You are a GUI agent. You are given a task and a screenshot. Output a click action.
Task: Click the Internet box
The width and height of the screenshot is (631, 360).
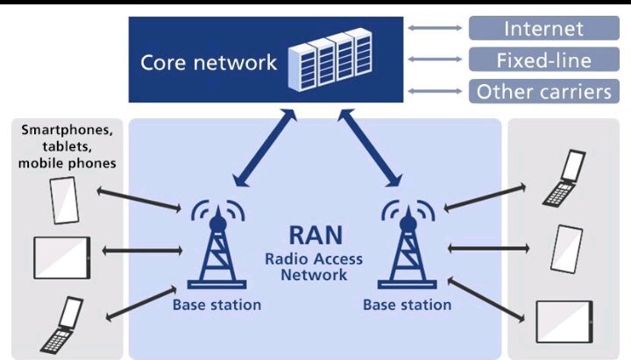pyautogui.click(x=543, y=28)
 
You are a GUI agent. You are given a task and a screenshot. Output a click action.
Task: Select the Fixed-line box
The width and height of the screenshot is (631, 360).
pyautogui.click(x=543, y=60)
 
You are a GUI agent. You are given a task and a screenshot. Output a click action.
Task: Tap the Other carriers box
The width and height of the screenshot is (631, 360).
pyautogui.click(x=543, y=91)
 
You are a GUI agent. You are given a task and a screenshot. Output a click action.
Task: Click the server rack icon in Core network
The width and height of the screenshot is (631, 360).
pyautogui.click(x=330, y=60)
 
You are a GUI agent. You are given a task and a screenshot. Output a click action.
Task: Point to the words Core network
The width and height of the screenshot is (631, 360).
pyautogui.click(x=209, y=63)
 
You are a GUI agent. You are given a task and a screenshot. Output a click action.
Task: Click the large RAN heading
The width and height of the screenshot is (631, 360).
pyautogui.click(x=315, y=235)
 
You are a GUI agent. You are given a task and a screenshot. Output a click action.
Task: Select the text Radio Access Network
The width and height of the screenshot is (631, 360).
pyautogui.click(x=314, y=266)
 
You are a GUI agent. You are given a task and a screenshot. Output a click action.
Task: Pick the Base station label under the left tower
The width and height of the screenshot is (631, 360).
pyautogui.click(x=217, y=305)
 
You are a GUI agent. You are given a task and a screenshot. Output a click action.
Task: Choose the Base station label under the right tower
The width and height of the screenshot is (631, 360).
pyautogui.click(x=407, y=305)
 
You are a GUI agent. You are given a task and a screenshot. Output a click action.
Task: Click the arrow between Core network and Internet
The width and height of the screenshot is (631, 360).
pyautogui.click(x=435, y=28)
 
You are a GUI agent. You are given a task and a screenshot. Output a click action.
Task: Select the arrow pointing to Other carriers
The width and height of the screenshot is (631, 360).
pyautogui.click(x=435, y=91)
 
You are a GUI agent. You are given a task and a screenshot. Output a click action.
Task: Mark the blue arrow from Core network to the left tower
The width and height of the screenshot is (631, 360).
pyautogui.click(x=265, y=148)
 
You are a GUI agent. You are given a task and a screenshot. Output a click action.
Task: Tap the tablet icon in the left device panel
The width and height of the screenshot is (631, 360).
pyautogui.click(x=62, y=258)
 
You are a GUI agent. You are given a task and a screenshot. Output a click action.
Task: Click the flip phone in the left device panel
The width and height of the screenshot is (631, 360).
pyautogui.click(x=62, y=325)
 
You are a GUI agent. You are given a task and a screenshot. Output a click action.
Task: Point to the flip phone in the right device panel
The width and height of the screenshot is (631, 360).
pyautogui.click(x=564, y=179)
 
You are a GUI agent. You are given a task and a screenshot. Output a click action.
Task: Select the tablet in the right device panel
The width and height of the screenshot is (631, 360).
pyautogui.click(x=564, y=321)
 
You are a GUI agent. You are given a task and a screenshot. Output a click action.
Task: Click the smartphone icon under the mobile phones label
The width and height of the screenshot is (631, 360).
pyautogui.click(x=64, y=201)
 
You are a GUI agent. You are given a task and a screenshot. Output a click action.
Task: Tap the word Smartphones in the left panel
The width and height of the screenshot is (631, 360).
pyautogui.click(x=67, y=131)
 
